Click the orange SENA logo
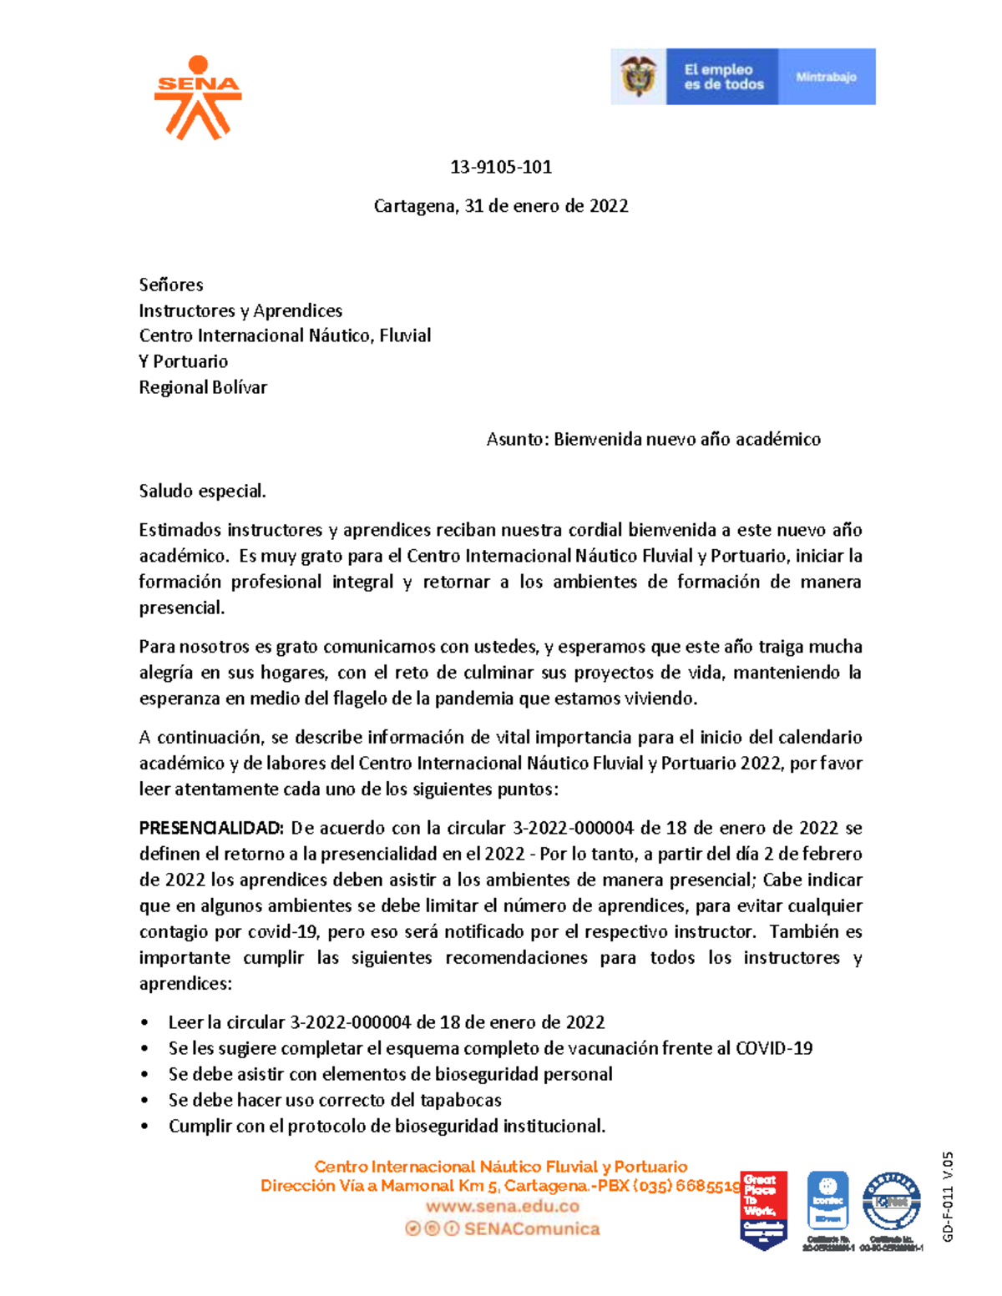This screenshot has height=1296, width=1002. pos(198,98)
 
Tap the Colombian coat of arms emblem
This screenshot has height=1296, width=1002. pos(638,77)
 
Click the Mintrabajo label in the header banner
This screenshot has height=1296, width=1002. pos(826,77)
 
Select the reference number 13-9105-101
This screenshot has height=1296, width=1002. pos(501,167)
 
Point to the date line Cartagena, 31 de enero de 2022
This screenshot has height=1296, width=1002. pos(501,206)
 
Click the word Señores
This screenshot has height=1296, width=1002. pos(171,285)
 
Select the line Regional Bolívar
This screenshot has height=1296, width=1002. pos(203,387)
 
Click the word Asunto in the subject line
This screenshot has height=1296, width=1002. pos(516,439)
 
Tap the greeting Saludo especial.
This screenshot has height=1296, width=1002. pos(202,491)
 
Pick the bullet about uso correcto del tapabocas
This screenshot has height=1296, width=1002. pos(335,1100)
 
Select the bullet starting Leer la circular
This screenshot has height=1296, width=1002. pos(387,1022)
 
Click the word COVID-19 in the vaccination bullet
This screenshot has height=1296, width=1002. pos(773,1048)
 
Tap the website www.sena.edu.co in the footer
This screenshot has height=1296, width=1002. pos(503,1206)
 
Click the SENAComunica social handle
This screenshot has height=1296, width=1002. pos(532,1228)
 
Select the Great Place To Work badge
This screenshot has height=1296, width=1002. pos(763,1209)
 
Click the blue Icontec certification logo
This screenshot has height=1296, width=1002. pos(827,1202)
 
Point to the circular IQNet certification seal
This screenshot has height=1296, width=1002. pos(891,1202)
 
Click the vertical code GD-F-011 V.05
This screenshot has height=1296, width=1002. pos(948,1197)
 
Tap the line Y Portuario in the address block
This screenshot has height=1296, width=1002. pos(184,361)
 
